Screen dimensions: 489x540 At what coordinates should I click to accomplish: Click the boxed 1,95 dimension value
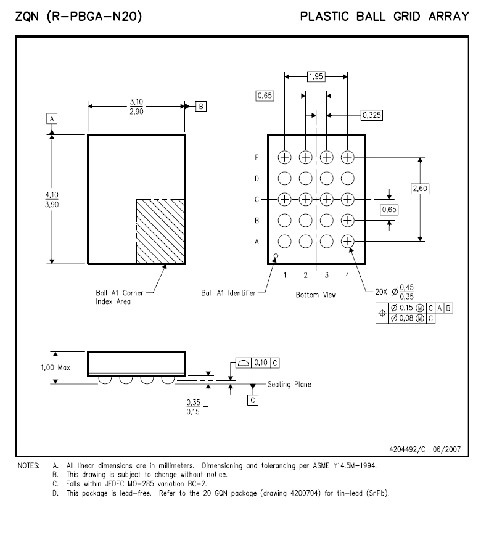point(316,76)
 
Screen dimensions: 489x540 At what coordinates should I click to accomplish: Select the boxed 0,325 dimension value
point(371,115)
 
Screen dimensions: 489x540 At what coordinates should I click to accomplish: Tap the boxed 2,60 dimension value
point(420,189)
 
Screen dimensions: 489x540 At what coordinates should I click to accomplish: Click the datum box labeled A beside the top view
point(52,119)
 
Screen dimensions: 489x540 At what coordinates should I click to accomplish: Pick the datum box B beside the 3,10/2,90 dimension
point(201,107)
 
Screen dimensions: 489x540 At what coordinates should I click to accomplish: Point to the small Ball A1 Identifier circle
point(276,256)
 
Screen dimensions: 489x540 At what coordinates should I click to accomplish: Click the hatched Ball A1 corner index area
point(160,232)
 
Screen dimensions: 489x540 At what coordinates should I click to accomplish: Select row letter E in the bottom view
point(257,158)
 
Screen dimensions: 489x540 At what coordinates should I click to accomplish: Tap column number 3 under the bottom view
point(326,275)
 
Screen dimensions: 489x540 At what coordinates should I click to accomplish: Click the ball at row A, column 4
point(347,242)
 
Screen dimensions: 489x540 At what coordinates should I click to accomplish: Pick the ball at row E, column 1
point(285,157)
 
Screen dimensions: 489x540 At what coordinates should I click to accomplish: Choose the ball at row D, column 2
point(306,178)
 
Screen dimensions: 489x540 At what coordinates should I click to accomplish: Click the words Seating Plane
point(289,384)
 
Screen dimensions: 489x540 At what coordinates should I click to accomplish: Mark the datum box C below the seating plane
point(253,400)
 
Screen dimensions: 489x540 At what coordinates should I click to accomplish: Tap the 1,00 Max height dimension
point(55,368)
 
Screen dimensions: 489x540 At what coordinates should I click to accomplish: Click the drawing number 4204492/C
point(408,449)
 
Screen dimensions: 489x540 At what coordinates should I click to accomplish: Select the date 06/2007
point(446,449)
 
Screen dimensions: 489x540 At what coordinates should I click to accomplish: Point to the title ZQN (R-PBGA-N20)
point(78,17)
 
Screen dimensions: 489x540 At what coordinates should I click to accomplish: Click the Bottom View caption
point(316,295)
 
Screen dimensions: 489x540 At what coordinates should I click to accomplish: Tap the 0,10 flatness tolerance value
point(261,362)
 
